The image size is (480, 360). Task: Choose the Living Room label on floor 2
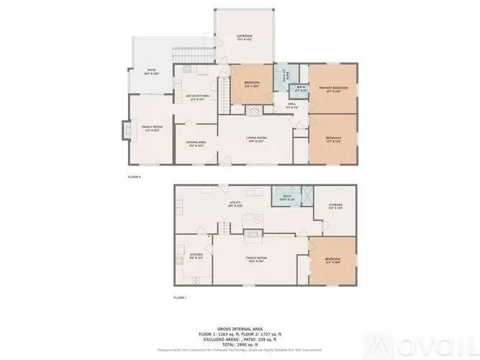[257, 139]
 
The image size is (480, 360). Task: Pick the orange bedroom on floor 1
[332, 260]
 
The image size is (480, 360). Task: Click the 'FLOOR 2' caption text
[134, 176]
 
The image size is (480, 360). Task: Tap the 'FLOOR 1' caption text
[180, 297]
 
